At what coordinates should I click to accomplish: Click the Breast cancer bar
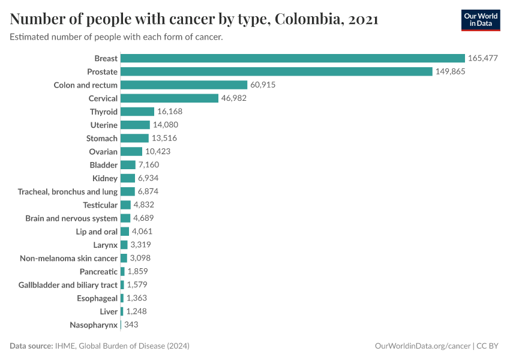[x=293, y=58]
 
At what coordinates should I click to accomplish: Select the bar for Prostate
[x=277, y=71]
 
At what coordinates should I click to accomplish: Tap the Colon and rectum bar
[x=184, y=85]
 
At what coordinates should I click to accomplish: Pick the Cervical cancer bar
[x=169, y=98]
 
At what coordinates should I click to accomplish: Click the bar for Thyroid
[x=137, y=112]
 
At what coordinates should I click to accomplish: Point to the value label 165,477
[x=483, y=58]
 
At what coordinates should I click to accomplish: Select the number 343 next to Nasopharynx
[x=131, y=325]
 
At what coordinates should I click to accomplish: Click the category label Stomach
[x=102, y=139]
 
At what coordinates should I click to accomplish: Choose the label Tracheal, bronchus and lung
[x=68, y=191]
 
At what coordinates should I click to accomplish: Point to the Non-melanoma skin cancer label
[x=69, y=258]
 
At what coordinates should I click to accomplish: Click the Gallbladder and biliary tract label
[x=68, y=285]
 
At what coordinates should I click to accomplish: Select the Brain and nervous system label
[x=71, y=218]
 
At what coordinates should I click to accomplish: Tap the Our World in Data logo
[x=480, y=20]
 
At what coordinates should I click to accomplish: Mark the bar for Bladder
[x=128, y=165]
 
